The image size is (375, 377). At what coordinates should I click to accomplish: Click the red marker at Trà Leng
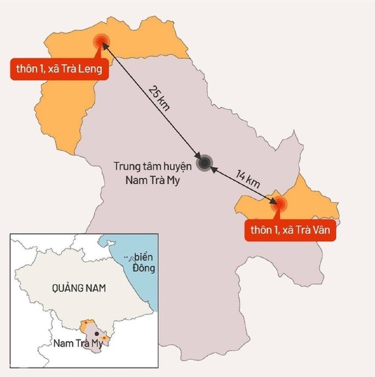101,40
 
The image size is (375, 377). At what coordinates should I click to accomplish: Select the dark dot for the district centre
205,162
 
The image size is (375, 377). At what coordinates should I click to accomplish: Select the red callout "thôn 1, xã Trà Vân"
291,230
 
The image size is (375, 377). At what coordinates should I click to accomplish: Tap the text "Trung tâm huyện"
152,166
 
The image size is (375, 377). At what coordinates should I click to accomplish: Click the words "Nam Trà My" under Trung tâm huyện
152,179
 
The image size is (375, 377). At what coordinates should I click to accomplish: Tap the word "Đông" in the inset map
143,269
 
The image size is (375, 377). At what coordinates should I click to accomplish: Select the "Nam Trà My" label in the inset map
78,344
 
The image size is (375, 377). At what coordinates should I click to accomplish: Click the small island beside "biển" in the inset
128,257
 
